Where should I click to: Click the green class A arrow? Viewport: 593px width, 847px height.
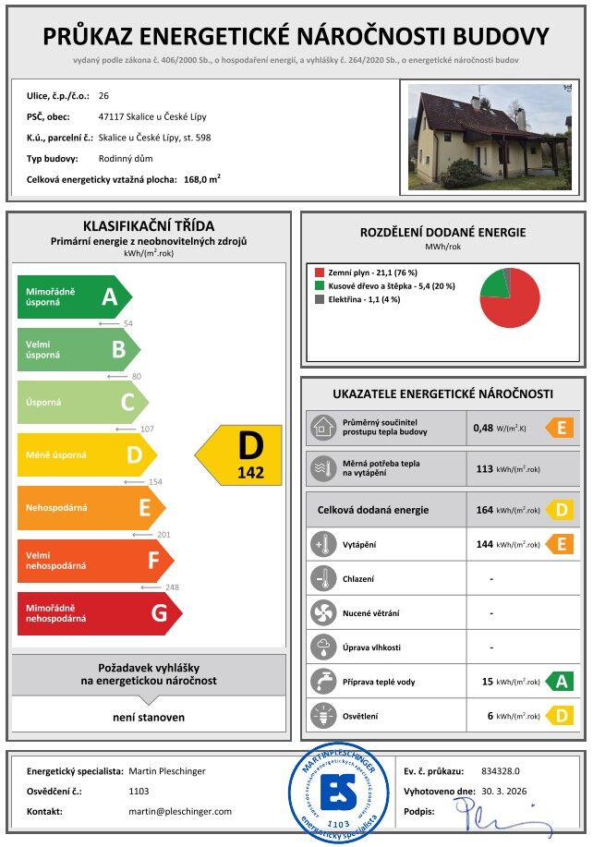coord(74,296)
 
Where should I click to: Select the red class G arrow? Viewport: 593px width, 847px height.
coord(98,613)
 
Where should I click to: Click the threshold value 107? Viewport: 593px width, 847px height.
coord(146,430)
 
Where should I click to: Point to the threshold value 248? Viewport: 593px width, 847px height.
coord(171,587)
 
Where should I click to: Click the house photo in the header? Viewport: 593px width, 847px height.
coord(490,136)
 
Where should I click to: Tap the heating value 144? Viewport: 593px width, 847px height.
coord(485,544)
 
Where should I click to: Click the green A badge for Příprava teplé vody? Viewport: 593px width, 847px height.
coord(560,682)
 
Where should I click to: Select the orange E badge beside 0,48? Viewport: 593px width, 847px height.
coord(560,428)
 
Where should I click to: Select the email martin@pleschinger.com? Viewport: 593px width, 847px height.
coord(180,811)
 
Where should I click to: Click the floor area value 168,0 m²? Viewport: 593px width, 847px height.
coord(202,179)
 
